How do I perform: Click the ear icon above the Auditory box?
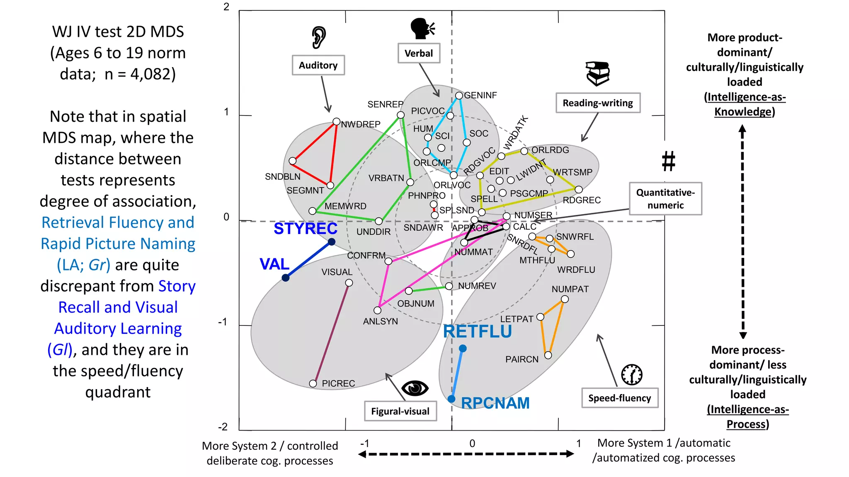point(319,38)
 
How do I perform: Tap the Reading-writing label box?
point(598,103)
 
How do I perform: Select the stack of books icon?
point(597,74)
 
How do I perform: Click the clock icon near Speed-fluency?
point(632,375)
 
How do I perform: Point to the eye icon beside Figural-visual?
point(415,388)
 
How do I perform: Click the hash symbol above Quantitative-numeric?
point(668,161)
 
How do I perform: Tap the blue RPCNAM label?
point(495,403)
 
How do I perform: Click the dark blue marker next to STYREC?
point(332,242)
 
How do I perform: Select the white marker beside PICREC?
point(313,384)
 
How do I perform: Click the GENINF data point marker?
point(459,96)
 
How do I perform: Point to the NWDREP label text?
point(360,124)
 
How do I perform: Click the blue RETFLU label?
point(477,332)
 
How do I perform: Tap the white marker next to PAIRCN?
point(548,355)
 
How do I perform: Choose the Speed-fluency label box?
point(619,398)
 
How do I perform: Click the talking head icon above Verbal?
point(422,29)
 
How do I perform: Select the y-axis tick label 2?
point(226,7)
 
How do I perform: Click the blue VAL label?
point(274,264)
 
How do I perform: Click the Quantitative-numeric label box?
point(665,199)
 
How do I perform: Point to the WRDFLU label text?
point(576,270)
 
